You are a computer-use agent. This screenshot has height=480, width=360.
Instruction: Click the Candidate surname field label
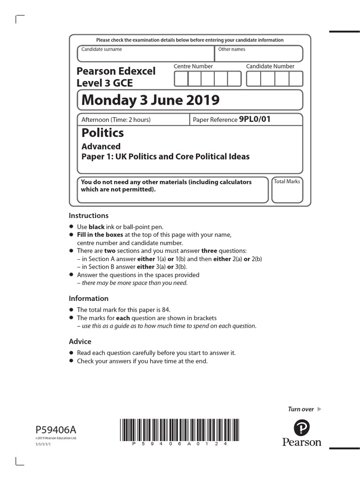(x=102, y=49)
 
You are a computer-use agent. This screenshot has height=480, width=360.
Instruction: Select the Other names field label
(x=232, y=49)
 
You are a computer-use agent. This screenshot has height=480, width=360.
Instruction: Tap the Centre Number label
(x=193, y=67)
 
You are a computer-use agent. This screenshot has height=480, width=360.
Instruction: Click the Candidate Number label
(x=270, y=67)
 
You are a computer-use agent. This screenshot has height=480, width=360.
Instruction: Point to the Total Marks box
(x=286, y=189)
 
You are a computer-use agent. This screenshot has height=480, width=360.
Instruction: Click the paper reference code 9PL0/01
(x=255, y=119)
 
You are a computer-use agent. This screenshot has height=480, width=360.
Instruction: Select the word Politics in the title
(x=103, y=133)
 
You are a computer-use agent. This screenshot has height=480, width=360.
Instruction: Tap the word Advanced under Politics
(x=101, y=146)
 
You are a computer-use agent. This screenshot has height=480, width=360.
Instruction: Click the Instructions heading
(x=89, y=216)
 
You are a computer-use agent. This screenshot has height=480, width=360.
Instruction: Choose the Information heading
(x=89, y=298)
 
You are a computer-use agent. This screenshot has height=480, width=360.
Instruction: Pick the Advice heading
(x=80, y=341)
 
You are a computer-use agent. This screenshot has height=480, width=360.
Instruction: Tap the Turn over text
(x=300, y=409)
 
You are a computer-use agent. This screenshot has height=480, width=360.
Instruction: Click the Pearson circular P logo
(x=302, y=428)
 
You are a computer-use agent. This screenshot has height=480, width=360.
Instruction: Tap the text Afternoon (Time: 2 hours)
(x=116, y=120)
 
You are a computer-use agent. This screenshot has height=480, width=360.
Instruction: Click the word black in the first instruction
(x=97, y=227)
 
